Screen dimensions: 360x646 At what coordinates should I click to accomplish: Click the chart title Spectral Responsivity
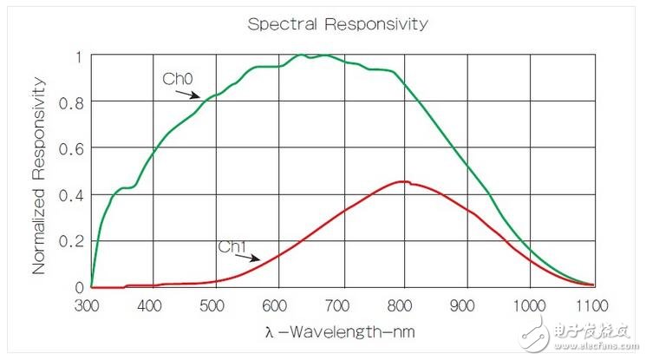[337, 23]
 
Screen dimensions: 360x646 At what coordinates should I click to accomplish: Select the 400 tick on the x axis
[153, 305]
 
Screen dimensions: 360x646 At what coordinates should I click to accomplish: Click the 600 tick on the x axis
[278, 305]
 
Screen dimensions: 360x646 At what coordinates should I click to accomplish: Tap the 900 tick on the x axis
[467, 305]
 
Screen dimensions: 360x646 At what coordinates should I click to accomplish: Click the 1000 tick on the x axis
[530, 305]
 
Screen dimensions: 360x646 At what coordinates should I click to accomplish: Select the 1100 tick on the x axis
[593, 305]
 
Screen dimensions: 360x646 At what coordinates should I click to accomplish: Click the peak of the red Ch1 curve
[402, 181]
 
